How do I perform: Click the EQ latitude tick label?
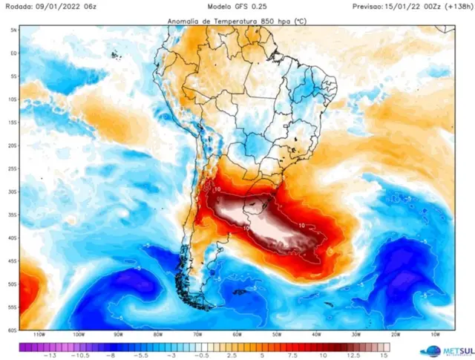[x=13, y=53]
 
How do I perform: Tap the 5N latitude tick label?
[x=13, y=30]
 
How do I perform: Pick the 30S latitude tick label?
[x=13, y=192]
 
